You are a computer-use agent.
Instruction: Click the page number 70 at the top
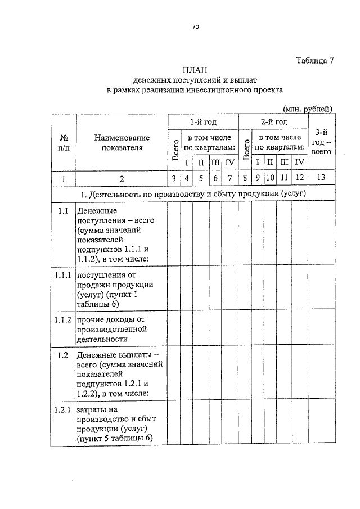click(x=196, y=27)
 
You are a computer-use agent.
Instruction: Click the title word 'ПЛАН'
click(x=195, y=70)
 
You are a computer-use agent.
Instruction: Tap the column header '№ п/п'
click(x=64, y=143)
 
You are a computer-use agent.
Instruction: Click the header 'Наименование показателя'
click(x=122, y=143)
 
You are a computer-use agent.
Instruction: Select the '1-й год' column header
click(x=202, y=122)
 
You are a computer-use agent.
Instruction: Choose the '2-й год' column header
click(x=273, y=122)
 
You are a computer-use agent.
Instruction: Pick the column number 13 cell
click(x=321, y=179)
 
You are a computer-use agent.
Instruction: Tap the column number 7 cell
click(x=229, y=179)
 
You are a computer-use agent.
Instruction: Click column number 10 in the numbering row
click(x=270, y=179)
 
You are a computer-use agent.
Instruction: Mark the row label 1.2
click(x=63, y=355)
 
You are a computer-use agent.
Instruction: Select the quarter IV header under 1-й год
click(x=229, y=163)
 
